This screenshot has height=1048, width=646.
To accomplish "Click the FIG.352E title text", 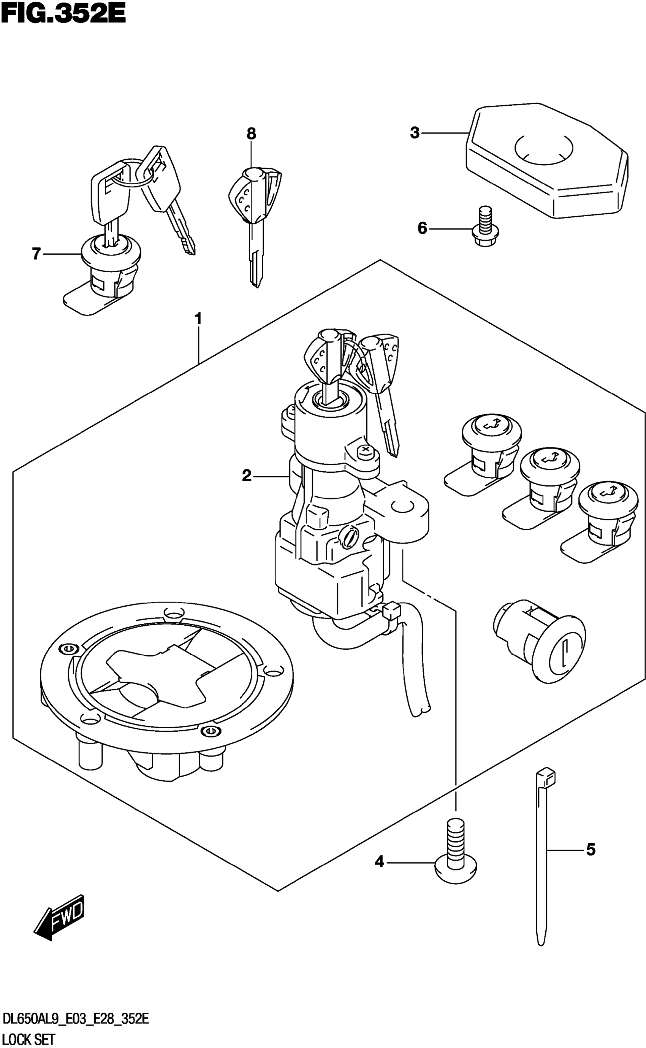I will (63, 14).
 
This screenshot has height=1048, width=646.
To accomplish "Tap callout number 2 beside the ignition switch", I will (247, 475).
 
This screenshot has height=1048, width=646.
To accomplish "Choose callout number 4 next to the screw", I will (379, 862).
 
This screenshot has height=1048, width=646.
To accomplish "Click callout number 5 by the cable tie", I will (591, 850).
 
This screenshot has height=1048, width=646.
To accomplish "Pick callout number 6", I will (422, 229).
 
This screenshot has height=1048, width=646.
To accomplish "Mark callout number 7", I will (36, 254).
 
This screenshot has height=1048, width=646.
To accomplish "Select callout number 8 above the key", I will (251, 134).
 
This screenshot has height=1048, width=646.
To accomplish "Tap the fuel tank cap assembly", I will (166, 689).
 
